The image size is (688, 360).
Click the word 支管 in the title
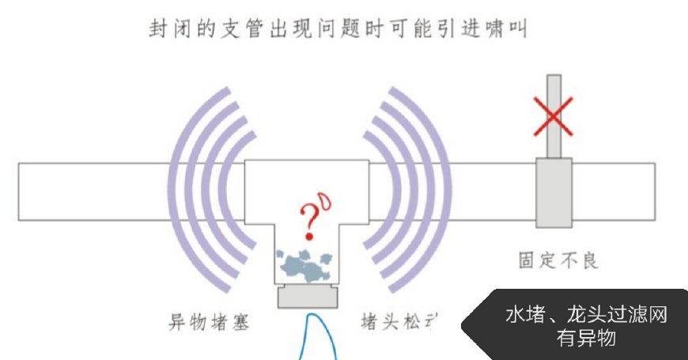tap(239, 31)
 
